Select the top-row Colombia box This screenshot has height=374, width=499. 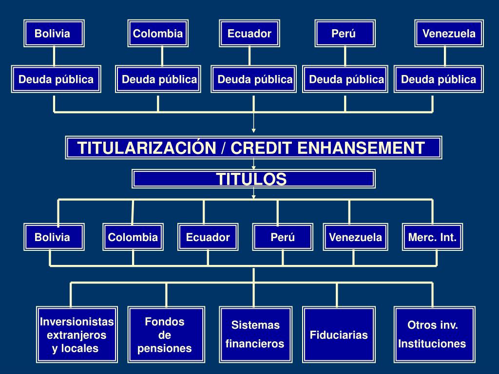(x=158, y=33)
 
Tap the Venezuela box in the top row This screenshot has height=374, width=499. (x=449, y=33)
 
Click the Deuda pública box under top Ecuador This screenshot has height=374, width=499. (x=254, y=79)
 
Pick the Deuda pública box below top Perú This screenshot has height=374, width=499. (x=345, y=79)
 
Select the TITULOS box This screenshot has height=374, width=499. (x=253, y=179)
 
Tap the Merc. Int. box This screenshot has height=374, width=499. (x=432, y=237)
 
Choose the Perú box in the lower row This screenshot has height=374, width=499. (x=283, y=237)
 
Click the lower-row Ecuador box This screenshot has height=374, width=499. (x=208, y=237)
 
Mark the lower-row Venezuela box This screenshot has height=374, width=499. (x=355, y=237)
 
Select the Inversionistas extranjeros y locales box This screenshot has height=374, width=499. (x=77, y=335)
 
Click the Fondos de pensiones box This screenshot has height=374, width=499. (x=165, y=335)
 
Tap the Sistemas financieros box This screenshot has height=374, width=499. (x=255, y=334)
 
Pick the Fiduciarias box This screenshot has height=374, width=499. (x=339, y=335)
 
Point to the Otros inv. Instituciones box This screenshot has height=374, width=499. (x=432, y=334)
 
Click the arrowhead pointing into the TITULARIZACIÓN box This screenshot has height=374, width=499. (x=253, y=130)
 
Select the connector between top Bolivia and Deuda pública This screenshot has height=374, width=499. (x=54, y=56)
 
